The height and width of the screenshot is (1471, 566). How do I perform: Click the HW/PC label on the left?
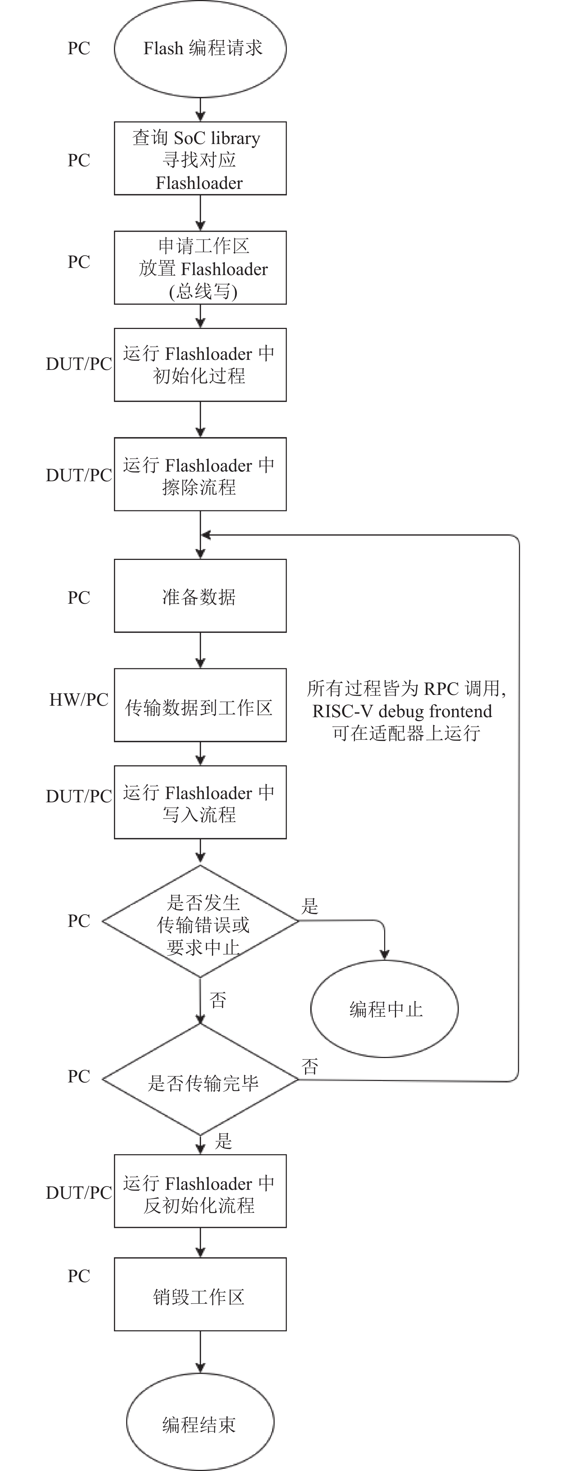(x=79, y=700)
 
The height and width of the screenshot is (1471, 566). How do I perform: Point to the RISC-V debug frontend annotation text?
(x=402, y=711)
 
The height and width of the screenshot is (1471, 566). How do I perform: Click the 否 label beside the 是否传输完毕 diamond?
(x=309, y=1066)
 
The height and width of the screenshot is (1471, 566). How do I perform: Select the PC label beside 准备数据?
(x=79, y=597)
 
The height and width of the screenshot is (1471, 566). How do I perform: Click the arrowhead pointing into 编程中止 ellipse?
(x=385, y=955)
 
